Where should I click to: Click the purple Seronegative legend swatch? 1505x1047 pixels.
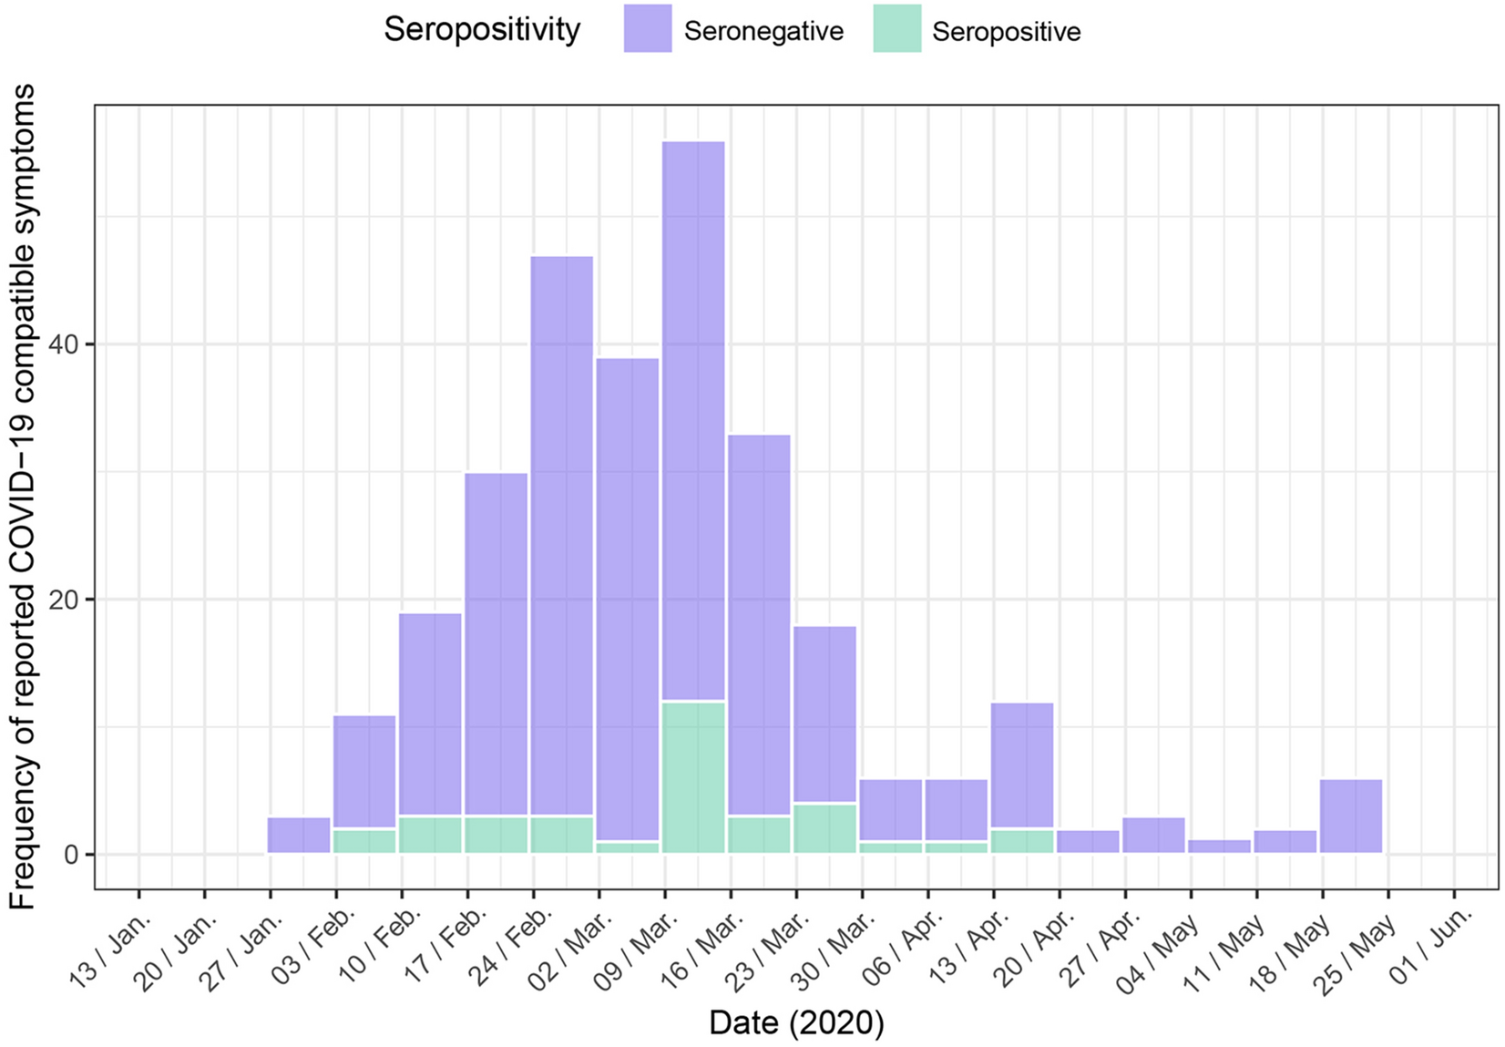tap(648, 29)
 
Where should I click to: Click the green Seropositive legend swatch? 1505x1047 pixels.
tap(896, 29)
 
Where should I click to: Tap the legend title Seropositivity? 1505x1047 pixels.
tap(482, 30)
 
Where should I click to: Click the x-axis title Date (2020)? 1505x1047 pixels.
tap(796, 1023)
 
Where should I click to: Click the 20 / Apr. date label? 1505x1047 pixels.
tap(1034, 948)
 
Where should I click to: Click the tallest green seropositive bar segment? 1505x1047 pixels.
tap(693, 777)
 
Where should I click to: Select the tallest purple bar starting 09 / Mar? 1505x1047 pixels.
tap(693, 419)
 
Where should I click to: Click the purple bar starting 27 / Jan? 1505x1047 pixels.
tap(299, 836)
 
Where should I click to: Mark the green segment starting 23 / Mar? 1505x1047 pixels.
tap(824, 828)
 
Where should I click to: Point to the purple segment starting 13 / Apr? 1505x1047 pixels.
tap(1022, 765)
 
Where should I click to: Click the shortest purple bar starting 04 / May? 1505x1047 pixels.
tap(1220, 847)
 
